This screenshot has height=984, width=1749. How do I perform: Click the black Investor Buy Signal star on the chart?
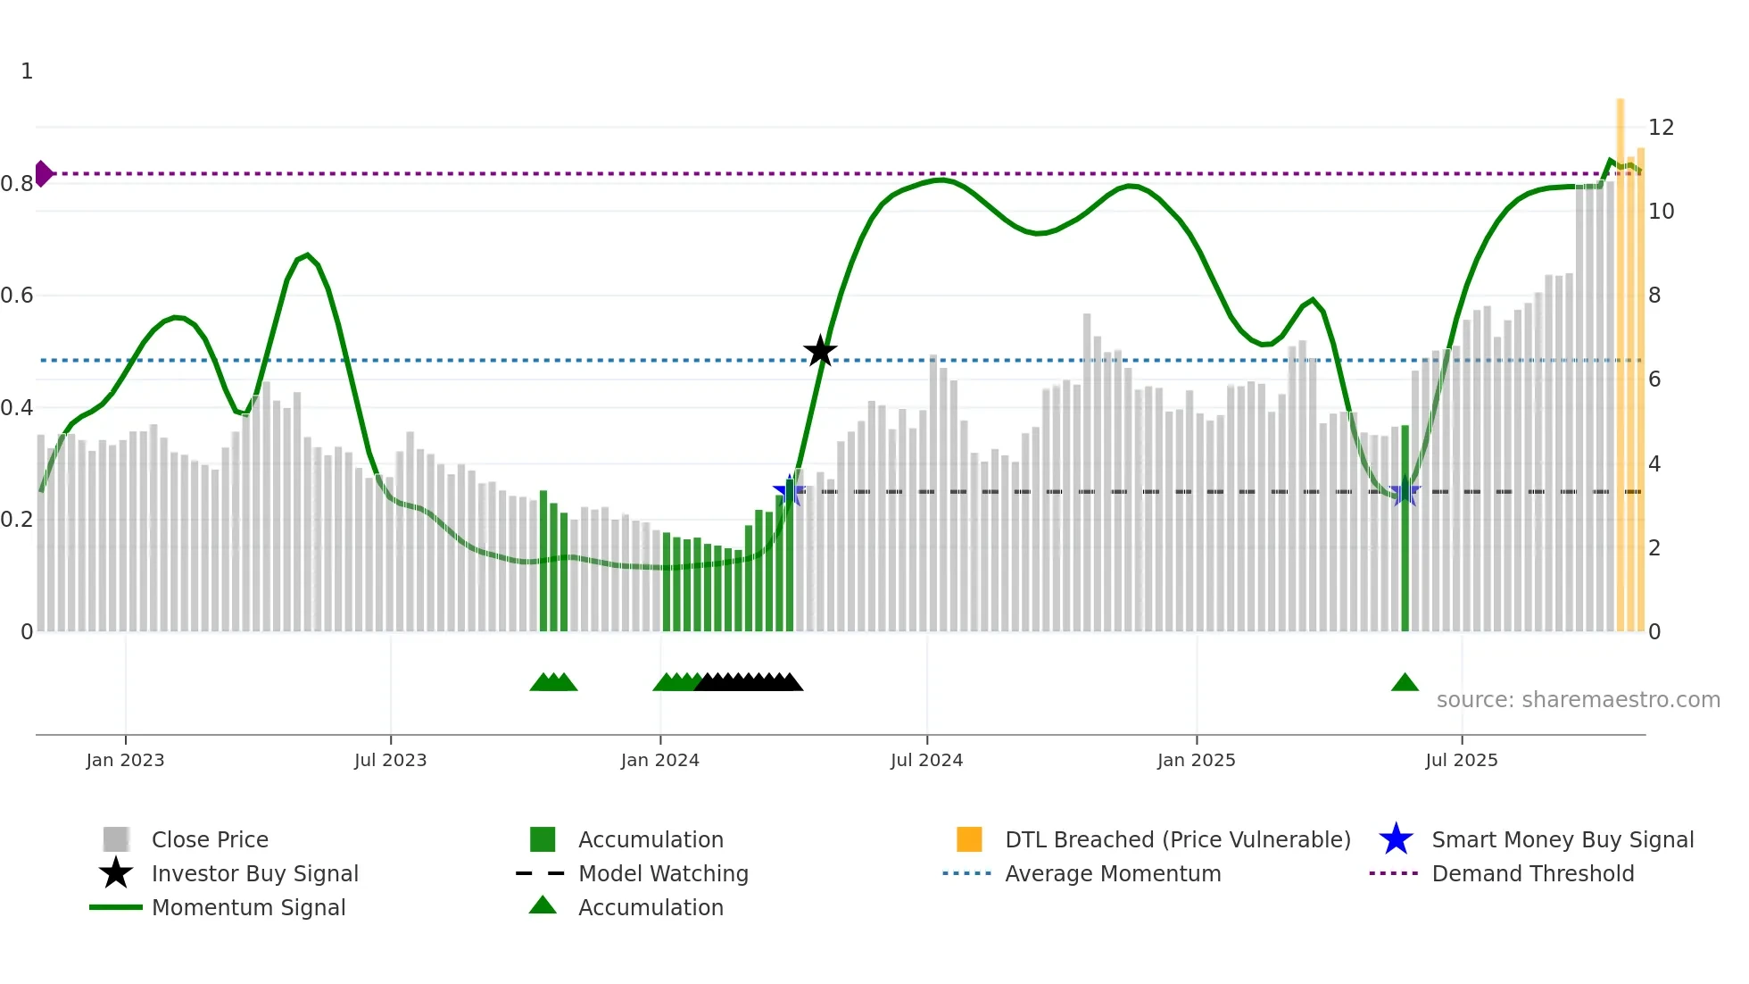(x=820, y=351)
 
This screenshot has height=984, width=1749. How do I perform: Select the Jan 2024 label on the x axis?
(x=659, y=760)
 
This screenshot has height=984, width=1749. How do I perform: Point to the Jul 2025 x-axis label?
(x=1461, y=760)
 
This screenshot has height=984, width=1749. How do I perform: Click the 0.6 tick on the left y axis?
(x=17, y=295)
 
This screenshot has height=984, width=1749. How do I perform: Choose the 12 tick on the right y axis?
(x=1661, y=127)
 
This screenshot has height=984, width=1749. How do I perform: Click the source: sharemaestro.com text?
(x=1578, y=699)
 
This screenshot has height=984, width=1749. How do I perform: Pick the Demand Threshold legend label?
(x=1532, y=873)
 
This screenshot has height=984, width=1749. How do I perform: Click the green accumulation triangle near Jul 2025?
(x=1405, y=683)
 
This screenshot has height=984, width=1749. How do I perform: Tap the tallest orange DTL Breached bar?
(x=1621, y=357)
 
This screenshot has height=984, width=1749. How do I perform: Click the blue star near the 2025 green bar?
(x=1405, y=491)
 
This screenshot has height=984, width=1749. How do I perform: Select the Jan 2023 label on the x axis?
(x=125, y=760)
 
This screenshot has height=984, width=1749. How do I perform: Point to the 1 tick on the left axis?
(x=27, y=71)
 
